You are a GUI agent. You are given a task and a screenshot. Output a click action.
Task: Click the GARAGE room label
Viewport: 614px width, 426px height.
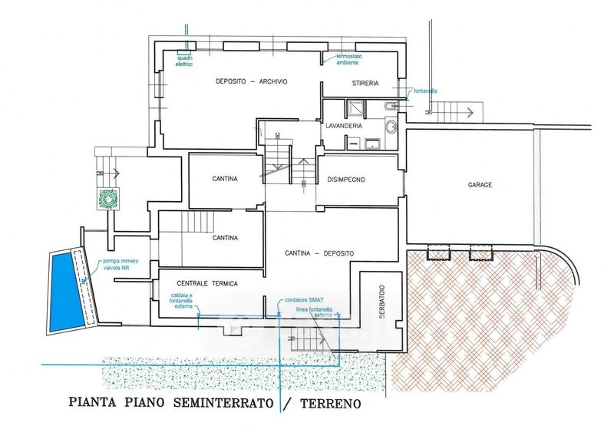click(479, 186)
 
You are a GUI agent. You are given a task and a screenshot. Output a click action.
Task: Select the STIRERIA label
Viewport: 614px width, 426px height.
click(365, 83)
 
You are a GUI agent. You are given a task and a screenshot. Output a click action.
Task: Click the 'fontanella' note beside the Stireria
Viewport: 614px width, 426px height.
click(424, 91)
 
